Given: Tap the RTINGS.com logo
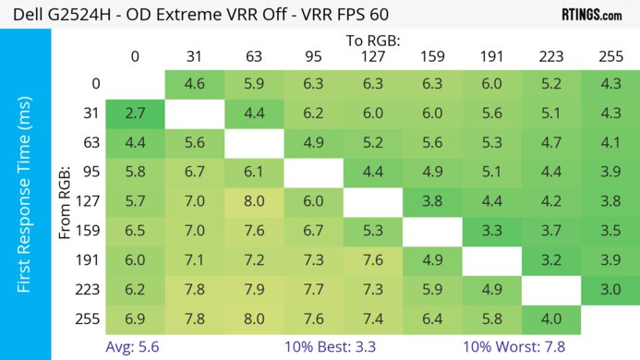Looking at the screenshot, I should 591,15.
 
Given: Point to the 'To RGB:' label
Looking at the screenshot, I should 373,40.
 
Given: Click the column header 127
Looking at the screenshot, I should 372,57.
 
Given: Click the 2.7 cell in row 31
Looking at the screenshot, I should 135,114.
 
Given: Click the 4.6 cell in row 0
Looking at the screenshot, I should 194,84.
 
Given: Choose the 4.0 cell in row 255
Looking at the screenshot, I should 550,320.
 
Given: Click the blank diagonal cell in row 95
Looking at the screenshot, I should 313,173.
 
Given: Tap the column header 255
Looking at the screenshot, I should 610,57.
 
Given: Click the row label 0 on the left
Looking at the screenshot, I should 95,84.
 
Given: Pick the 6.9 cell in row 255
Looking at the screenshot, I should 135,320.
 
